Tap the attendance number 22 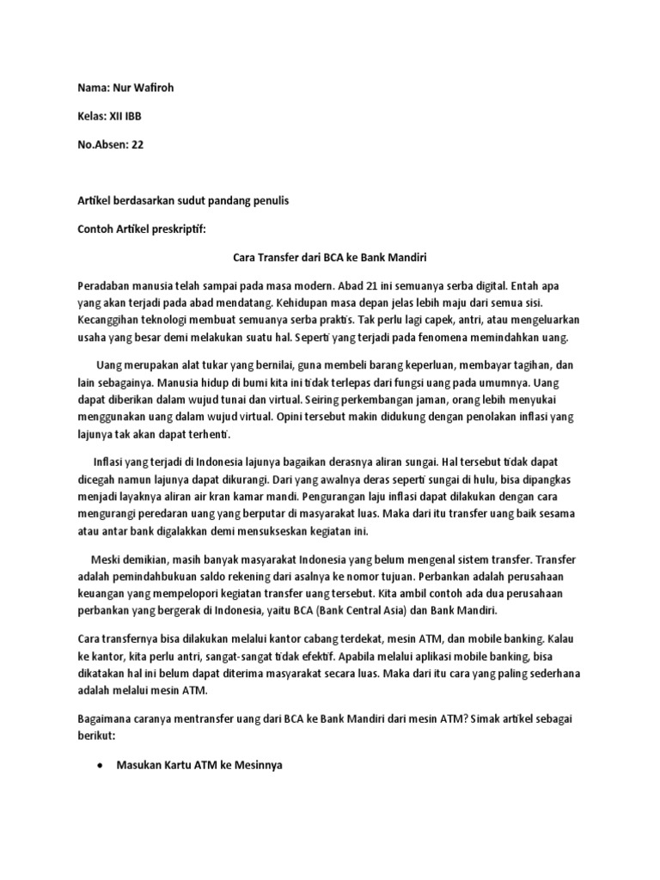tap(137, 144)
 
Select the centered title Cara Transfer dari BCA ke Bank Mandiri tap(331, 257)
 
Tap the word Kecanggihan tap(111, 320)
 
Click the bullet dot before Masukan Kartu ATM tap(102, 763)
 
